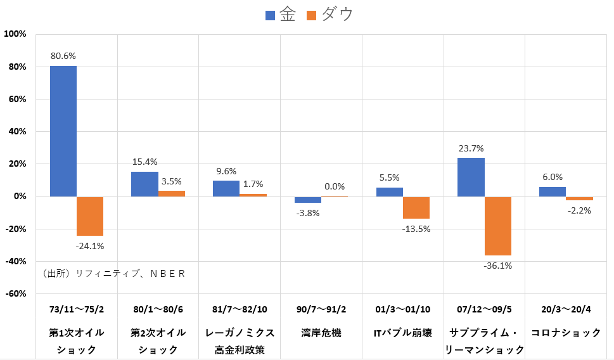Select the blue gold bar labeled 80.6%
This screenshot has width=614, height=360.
click(x=63, y=131)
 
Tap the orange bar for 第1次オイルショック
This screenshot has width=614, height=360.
click(x=90, y=216)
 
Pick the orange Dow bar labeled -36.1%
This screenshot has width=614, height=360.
click(x=497, y=226)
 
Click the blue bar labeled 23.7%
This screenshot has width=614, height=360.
click(x=471, y=177)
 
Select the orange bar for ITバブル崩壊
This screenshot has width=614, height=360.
click(x=416, y=207)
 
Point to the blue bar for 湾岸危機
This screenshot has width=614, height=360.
click(x=308, y=200)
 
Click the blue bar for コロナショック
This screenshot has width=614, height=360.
click(x=552, y=191)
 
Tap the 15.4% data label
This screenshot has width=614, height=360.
click(x=144, y=162)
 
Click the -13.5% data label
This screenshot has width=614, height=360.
click(x=416, y=229)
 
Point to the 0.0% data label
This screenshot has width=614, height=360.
click(x=335, y=186)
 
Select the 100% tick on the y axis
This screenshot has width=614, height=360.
click(x=15, y=34)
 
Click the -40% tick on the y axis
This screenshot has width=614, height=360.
click(x=15, y=261)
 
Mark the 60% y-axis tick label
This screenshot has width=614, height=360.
click(x=16, y=99)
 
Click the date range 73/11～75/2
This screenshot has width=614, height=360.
click(x=77, y=310)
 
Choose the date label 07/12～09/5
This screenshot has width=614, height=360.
click(x=484, y=310)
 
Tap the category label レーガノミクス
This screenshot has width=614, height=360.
click(x=240, y=332)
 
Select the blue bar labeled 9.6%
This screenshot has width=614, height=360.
click(x=226, y=188)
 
